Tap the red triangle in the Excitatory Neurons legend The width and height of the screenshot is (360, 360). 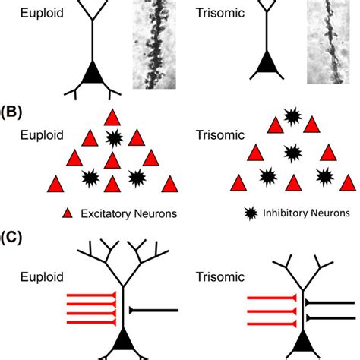68,213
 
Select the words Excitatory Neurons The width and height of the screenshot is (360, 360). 126,214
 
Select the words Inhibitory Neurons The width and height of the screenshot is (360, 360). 305,214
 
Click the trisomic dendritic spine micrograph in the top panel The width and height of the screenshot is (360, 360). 330,42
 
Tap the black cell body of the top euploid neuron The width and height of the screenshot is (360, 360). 92,72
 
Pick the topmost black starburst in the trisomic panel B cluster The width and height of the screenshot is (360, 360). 292,116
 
